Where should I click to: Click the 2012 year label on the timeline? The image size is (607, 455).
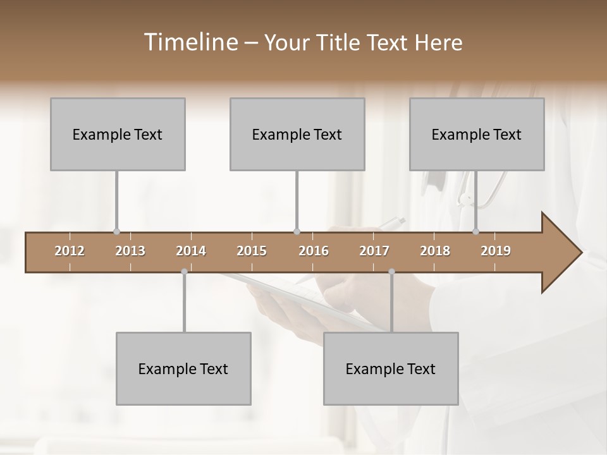tap(70, 251)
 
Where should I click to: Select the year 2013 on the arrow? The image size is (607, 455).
tap(130, 251)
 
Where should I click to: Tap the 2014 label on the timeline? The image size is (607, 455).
tap(191, 251)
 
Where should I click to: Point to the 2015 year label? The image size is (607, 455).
tap(252, 251)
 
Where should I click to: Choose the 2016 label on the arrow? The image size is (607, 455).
tap(314, 251)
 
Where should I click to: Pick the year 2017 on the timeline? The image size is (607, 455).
tap(374, 251)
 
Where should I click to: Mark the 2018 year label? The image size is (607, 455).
tap(435, 251)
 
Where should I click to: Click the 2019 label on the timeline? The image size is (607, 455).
tap(496, 251)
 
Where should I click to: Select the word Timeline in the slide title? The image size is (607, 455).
tap(189, 42)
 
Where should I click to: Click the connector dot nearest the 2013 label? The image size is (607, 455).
tap(116, 231)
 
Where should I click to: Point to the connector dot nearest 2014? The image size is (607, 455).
tap(184, 272)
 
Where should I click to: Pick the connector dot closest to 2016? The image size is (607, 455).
tap(297, 231)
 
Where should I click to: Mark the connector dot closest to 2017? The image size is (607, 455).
tap(391, 272)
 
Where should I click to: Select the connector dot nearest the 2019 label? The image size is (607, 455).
tap(476, 231)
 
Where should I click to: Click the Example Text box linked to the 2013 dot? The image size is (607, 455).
tap(118, 134)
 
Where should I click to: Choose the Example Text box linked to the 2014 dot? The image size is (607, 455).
tap(183, 368)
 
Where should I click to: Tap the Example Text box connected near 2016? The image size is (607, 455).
tap(297, 134)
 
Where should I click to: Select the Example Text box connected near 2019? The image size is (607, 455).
tap(477, 134)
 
